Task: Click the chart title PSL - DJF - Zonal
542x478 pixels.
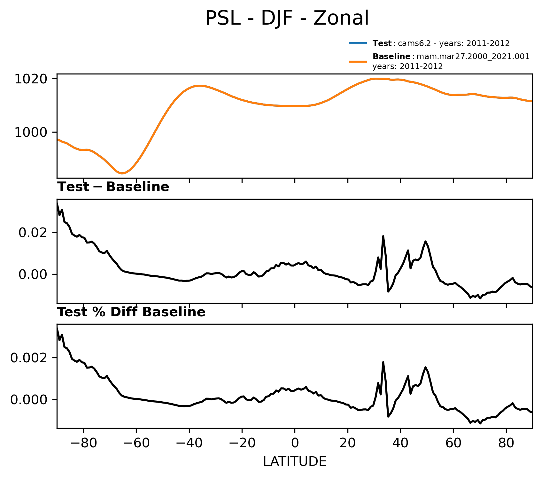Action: point(287,18)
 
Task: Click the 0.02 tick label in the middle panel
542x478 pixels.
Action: point(33,232)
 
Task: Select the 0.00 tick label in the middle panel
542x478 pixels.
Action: point(33,274)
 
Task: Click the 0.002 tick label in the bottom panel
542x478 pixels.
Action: point(29,358)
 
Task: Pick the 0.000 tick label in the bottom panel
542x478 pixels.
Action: point(29,400)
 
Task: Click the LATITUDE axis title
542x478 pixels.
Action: point(295,462)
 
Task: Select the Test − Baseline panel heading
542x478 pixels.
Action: point(113,187)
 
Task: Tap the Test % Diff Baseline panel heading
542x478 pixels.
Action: point(131,312)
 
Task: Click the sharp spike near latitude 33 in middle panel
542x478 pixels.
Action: point(383,236)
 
